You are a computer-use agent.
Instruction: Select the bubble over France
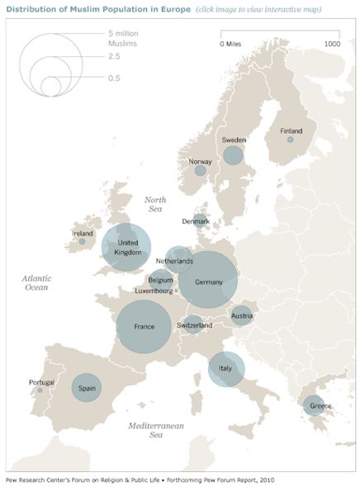(144, 328)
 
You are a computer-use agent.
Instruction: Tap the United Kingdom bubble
(127, 248)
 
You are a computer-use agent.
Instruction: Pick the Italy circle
(225, 366)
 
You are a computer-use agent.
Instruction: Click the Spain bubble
(86, 387)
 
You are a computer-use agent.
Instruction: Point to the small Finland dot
(291, 139)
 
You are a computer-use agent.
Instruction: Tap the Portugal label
(41, 382)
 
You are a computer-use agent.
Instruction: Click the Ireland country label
(83, 234)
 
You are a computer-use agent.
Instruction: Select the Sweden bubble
(234, 154)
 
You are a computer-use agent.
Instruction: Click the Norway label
(200, 162)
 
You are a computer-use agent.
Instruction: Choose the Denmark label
(197, 221)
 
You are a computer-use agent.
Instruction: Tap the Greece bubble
(314, 405)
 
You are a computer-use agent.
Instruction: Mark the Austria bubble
(241, 315)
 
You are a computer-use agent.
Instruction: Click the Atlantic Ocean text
(36, 283)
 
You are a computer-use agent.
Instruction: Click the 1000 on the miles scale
(332, 43)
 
